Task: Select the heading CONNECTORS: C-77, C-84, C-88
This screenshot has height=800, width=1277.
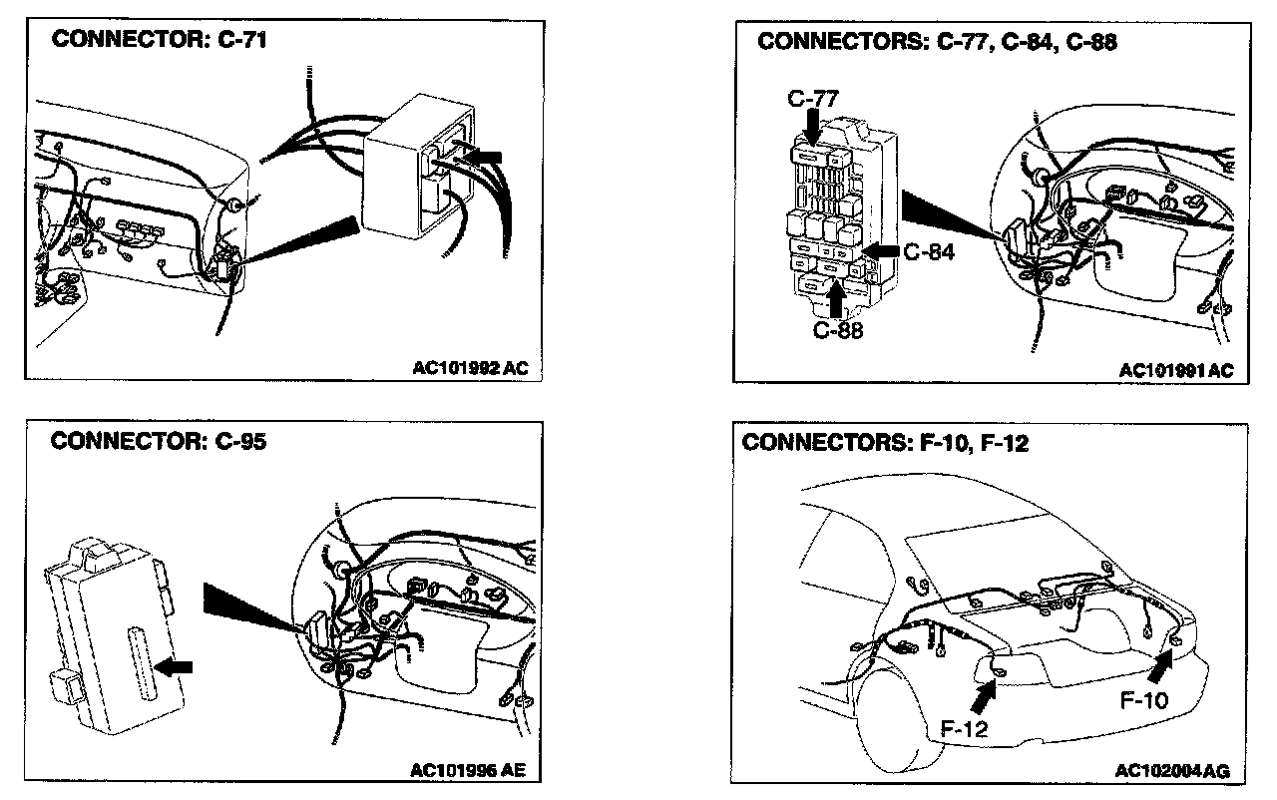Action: tap(937, 42)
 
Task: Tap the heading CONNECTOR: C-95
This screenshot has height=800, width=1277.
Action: tap(158, 441)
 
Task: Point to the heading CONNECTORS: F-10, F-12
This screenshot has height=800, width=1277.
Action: tap(885, 442)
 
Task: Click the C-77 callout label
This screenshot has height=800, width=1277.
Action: tap(813, 98)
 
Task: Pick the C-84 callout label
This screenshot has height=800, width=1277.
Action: tap(929, 252)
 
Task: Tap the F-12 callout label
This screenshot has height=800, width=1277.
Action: tap(965, 729)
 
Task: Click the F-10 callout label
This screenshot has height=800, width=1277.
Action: tap(1143, 700)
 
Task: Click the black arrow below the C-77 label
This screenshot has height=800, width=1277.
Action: tap(813, 127)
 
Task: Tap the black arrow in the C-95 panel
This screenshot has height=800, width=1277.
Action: tap(175, 666)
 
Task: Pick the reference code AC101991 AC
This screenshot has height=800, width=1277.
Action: tap(1176, 370)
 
